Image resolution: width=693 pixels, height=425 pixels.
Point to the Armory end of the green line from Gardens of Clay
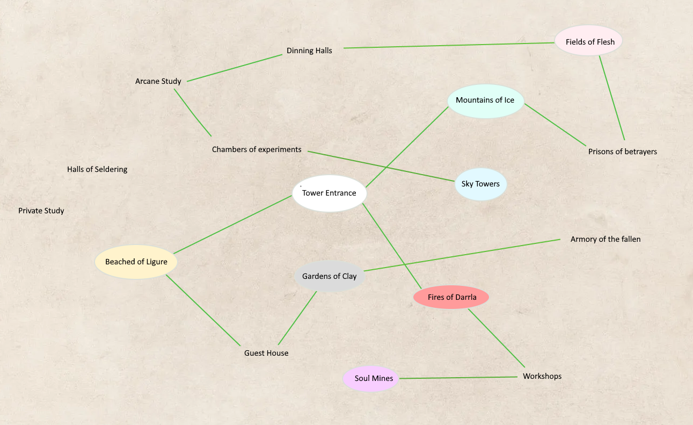tap(560, 240)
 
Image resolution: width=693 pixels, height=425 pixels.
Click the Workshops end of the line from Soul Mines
tap(517, 377)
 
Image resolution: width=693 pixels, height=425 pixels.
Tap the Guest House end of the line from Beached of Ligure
tap(240, 345)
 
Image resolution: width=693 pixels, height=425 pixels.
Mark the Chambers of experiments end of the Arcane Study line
tap(211, 136)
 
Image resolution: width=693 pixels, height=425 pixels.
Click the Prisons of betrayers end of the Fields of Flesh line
tap(624, 140)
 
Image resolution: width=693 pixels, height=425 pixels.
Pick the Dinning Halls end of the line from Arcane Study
tap(282, 55)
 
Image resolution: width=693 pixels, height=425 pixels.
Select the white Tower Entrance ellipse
tap(330, 193)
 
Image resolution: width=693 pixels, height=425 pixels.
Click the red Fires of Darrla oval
tap(451, 297)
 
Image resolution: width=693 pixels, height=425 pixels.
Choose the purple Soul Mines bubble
tap(371, 379)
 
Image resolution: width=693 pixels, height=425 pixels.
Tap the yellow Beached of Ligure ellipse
tap(136, 262)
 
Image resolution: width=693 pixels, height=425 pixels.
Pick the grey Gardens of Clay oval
tap(330, 276)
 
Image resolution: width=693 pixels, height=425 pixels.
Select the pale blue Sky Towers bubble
tap(481, 184)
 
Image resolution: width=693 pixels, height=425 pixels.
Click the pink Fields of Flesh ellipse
tap(588, 41)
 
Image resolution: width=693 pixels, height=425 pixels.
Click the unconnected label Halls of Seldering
tap(97, 169)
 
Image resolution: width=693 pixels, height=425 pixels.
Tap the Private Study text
tap(41, 211)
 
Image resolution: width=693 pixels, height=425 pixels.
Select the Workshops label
tap(542, 376)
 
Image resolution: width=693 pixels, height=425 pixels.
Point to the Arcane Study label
tap(158, 81)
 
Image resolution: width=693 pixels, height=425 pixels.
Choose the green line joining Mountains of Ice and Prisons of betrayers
tap(556, 125)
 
